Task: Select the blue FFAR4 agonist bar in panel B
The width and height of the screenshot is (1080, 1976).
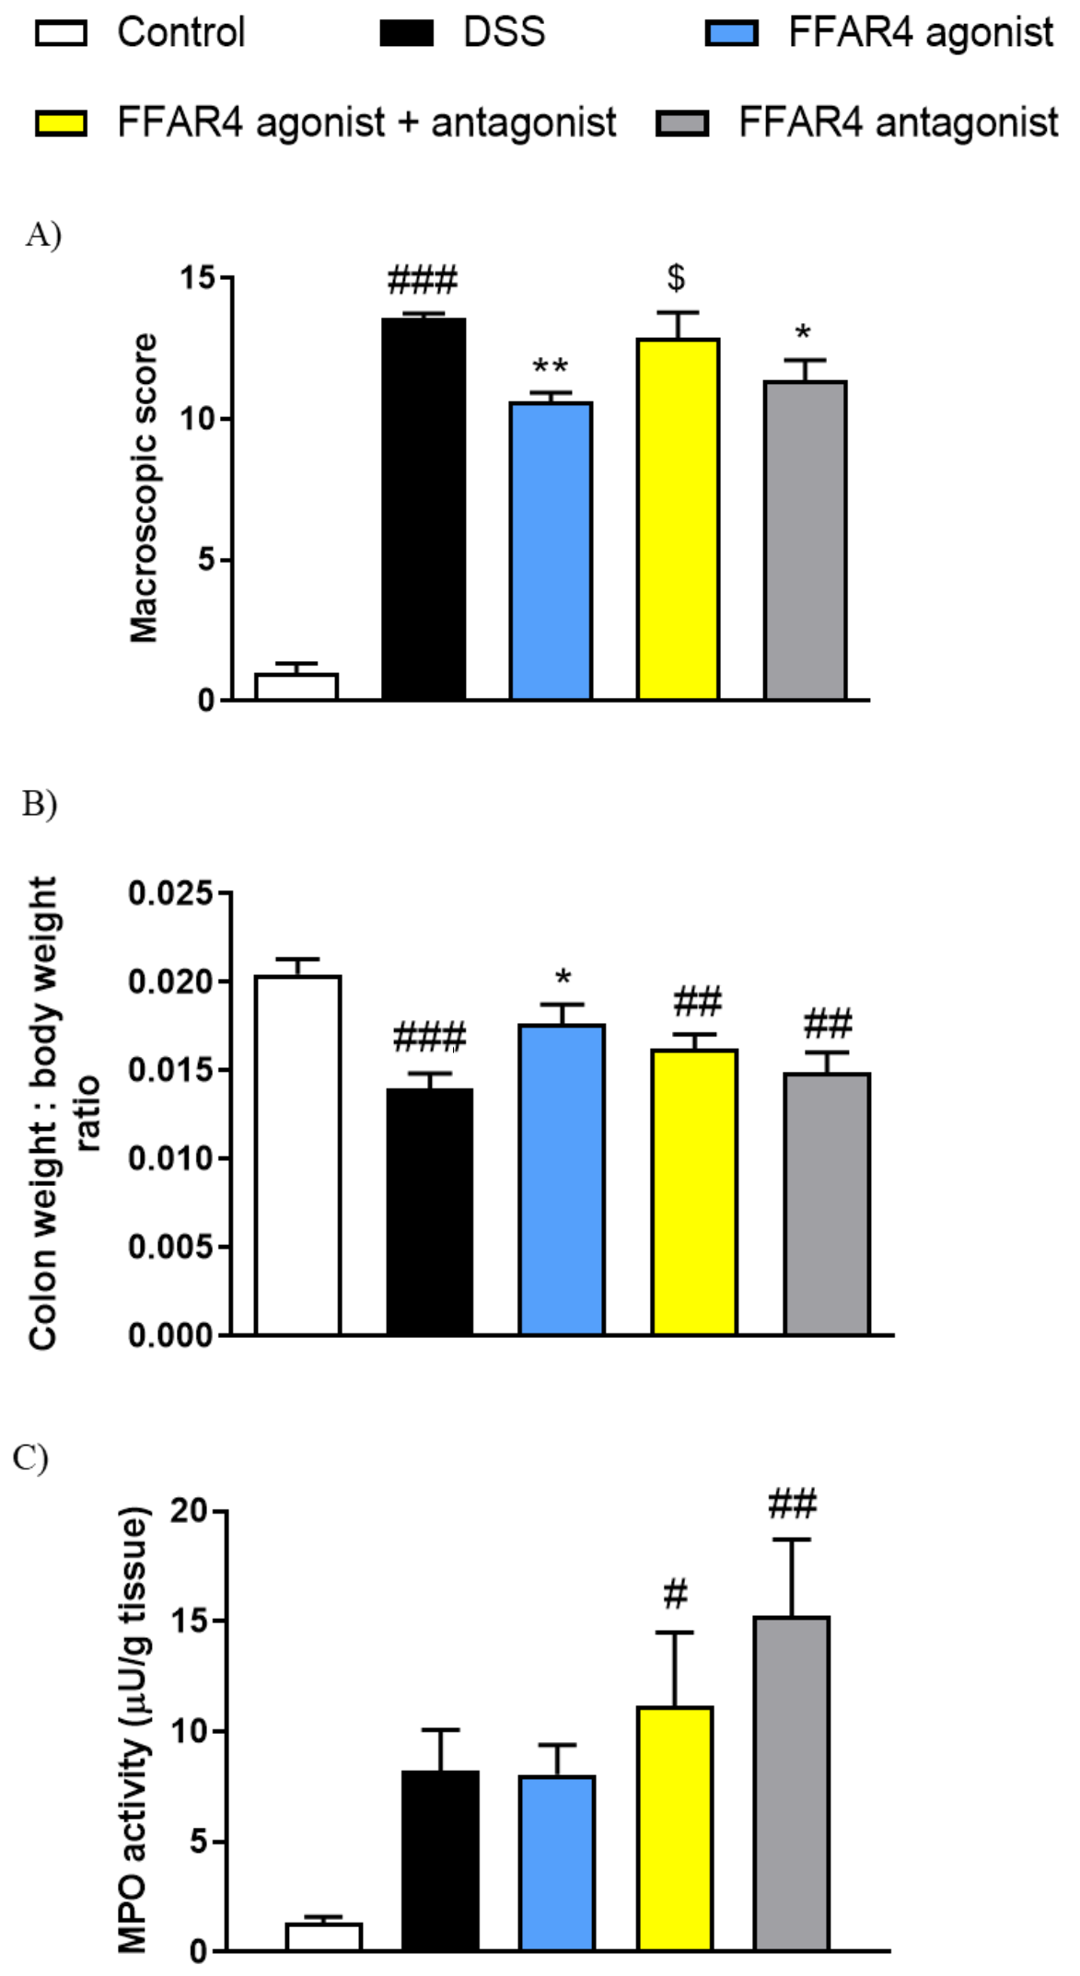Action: click(x=562, y=1179)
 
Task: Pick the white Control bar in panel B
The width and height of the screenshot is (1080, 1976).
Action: click(x=297, y=1155)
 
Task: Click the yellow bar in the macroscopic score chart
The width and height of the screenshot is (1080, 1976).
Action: click(x=678, y=519)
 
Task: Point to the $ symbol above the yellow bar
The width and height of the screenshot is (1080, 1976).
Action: click(x=677, y=276)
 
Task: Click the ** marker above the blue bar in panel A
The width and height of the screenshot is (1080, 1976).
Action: click(x=551, y=366)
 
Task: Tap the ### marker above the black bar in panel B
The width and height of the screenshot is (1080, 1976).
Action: click(x=429, y=1038)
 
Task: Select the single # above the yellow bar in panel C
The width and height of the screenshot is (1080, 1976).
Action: click(x=675, y=1593)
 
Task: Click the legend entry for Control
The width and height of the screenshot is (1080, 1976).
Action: click(x=180, y=33)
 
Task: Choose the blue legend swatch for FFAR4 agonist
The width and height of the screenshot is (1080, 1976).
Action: click(x=731, y=34)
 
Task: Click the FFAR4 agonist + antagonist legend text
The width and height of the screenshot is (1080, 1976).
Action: click(x=366, y=122)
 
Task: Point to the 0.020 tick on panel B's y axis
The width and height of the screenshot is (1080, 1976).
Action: click(x=171, y=982)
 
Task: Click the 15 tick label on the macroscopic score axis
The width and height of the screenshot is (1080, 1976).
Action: click(x=196, y=277)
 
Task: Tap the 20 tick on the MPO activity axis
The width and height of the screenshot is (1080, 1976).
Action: click(x=189, y=1511)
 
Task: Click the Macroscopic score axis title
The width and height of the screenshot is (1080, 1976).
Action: click(x=144, y=488)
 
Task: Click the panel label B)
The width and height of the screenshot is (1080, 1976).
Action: click(x=40, y=803)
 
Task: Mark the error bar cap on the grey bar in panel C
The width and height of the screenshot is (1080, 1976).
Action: click(x=792, y=1540)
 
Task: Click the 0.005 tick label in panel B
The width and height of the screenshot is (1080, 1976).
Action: click(x=171, y=1247)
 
